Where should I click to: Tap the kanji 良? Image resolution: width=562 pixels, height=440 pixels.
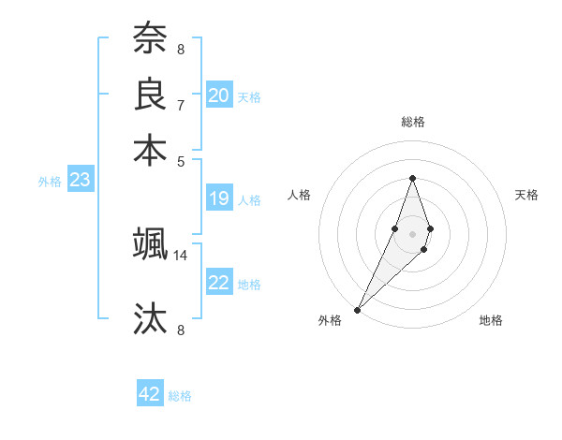(x=150, y=95)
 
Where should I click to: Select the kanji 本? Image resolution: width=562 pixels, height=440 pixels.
(x=150, y=151)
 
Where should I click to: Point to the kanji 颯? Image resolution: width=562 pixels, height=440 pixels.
(x=150, y=244)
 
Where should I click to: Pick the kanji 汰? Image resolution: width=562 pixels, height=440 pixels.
(x=150, y=319)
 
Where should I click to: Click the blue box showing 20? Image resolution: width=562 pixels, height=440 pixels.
(x=219, y=95)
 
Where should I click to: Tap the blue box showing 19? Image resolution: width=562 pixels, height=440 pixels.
(x=219, y=198)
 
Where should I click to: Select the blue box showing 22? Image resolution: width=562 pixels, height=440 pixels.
(x=219, y=283)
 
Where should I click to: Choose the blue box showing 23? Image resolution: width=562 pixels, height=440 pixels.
(x=80, y=180)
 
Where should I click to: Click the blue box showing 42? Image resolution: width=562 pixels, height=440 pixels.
(x=150, y=394)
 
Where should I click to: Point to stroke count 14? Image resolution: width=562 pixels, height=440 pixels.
(x=181, y=255)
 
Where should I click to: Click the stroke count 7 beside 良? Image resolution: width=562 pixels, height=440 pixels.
(x=181, y=105)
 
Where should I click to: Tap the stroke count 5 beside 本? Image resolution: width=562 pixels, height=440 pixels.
(x=181, y=161)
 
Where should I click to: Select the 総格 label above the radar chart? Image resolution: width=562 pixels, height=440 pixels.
(x=412, y=123)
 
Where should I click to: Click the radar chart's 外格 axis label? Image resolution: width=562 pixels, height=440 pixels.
(x=330, y=320)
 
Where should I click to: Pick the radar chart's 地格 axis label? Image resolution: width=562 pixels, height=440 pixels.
(x=491, y=320)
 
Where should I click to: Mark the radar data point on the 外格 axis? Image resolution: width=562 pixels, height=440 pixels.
(x=358, y=309)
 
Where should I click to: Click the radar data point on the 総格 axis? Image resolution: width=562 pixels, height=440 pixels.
(x=412, y=178)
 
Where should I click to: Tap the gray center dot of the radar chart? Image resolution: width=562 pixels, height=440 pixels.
(x=412, y=234)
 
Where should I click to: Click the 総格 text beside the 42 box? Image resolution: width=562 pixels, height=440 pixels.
(x=180, y=396)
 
